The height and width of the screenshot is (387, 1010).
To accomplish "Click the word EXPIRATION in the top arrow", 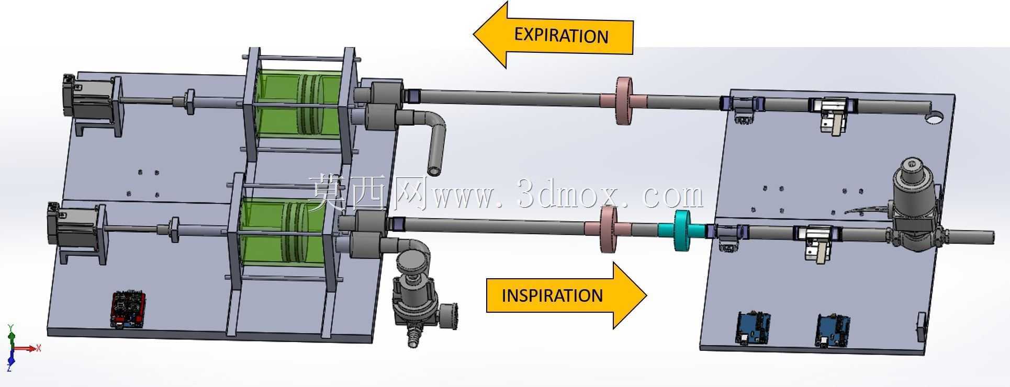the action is click(561, 35).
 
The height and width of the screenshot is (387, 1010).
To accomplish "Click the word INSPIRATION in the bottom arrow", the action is click(552, 295).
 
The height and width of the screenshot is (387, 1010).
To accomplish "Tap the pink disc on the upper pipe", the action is click(623, 101).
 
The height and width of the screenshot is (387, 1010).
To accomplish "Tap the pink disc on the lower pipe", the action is click(608, 230).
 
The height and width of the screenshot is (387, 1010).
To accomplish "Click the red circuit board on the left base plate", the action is click(129, 309).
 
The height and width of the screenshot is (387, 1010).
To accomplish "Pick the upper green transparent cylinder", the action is click(299, 106).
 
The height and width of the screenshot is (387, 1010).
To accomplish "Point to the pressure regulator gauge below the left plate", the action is click(449, 316).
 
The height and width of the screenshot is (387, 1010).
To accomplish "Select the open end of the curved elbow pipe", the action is click(434, 170).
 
